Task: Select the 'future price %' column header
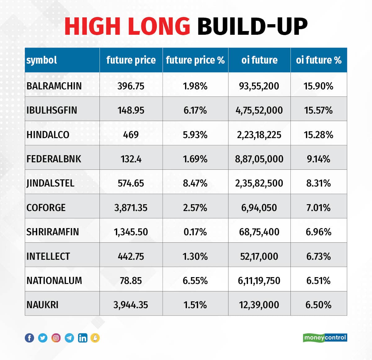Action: (195, 60)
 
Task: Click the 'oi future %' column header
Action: (318, 60)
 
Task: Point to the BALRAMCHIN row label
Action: (54, 86)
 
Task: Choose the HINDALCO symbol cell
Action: (48, 135)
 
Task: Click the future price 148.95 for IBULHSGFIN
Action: (131, 110)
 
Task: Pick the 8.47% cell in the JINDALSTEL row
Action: (195, 183)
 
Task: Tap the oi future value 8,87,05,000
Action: (259, 159)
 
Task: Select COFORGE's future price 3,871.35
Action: (131, 208)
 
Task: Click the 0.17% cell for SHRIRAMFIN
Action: (195, 232)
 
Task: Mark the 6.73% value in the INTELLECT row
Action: (318, 256)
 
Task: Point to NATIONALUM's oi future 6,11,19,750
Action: (259, 281)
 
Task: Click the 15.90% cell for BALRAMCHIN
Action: (318, 86)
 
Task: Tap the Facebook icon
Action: (29, 338)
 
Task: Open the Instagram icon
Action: (56, 338)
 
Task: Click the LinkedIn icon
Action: (83, 338)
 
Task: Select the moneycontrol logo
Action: (325, 338)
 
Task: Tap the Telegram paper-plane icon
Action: (69, 338)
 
